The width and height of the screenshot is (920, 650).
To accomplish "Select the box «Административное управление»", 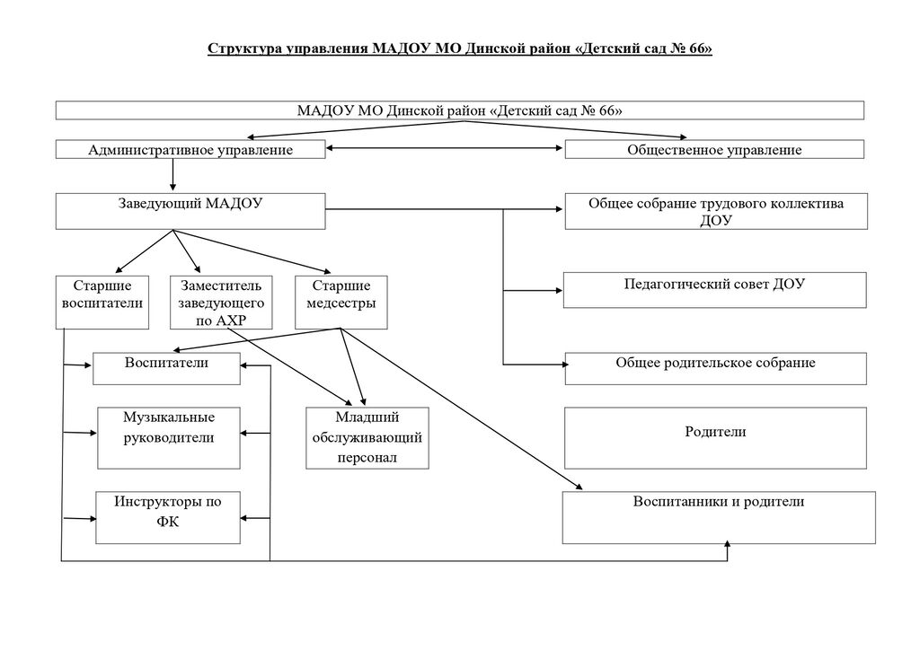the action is pyautogui.click(x=190, y=149).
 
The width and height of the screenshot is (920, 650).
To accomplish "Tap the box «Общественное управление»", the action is pyautogui.click(x=714, y=149).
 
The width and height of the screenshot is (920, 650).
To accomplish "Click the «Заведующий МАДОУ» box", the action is pyautogui.click(x=190, y=211).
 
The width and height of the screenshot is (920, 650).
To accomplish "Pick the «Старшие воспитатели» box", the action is pyautogui.click(x=102, y=303).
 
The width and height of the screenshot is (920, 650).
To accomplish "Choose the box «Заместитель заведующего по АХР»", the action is pyautogui.click(x=221, y=303).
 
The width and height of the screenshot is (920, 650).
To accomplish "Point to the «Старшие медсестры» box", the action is pyautogui.click(x=341, y=303).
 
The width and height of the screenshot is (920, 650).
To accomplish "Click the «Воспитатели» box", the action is pyautogui.click(x=166, y=368).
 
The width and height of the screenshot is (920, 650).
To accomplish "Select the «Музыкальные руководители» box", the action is pyautogui.click(x=168, y=438).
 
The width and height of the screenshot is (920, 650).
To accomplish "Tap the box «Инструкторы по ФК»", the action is pyautogui.click(x=168, y=517).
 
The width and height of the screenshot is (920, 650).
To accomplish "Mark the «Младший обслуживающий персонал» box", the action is pyautogui.click(x=367, y=438).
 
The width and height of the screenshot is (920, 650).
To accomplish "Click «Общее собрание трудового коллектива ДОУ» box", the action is pyautogui.click(x=716, y=211).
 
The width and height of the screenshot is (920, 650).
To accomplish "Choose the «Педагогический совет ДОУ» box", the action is pyautogui.click(x=714, y=290).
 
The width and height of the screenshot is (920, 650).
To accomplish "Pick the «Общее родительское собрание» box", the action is pyautogui.click(x=716, y=368).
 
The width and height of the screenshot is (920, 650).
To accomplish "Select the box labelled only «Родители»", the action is pyautogui.click(x=715, y=438).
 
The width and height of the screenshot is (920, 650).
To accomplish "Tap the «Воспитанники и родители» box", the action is pyautogui.click(x=719, y=517).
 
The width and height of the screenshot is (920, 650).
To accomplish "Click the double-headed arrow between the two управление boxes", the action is pyautogui.click(x=445, y=148).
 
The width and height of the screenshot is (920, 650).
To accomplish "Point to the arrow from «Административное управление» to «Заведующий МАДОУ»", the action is pyautogui.click(x=172, y=175).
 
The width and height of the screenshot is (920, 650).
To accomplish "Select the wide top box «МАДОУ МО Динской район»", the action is pyautogui.click(x=460, y=110).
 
